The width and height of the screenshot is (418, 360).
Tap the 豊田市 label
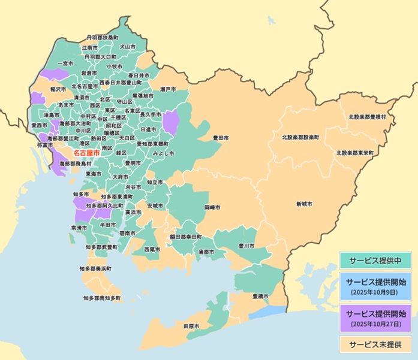tap(221, 138)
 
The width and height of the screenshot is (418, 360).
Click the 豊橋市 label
tap(260, 296)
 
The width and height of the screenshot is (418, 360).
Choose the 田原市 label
tap(190, 326)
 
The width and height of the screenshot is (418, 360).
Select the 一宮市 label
tap(64, 63)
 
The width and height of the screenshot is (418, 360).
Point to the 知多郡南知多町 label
tap(102, 298)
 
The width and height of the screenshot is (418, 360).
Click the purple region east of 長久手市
tap(171, 123)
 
